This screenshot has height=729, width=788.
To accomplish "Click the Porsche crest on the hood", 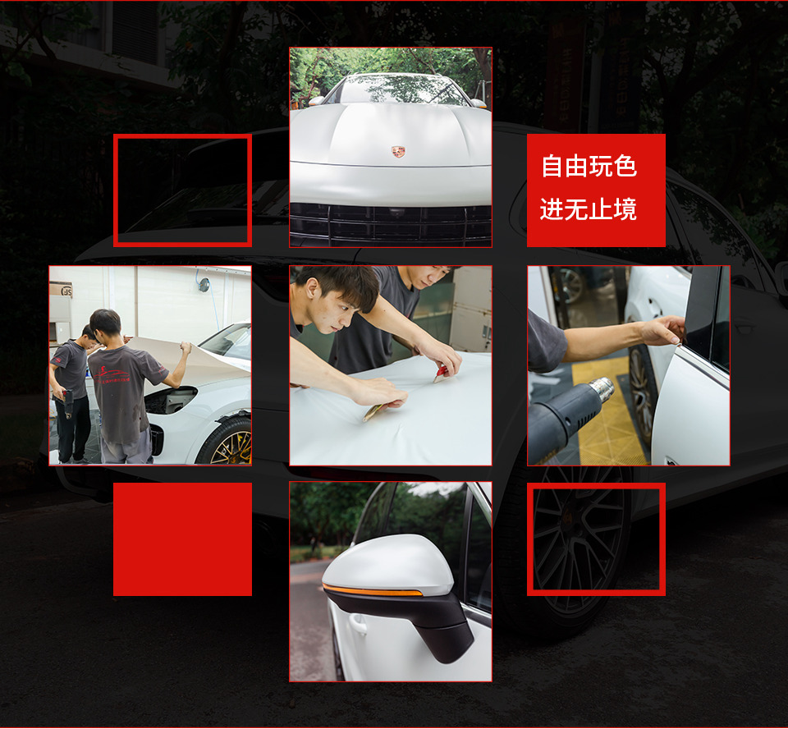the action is (398, 151).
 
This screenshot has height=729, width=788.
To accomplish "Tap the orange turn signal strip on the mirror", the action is (372, 590).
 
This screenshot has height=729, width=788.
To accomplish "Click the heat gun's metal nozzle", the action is (602, 389).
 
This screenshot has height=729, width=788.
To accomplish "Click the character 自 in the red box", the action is (552, 166).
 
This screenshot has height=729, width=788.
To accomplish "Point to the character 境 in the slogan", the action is (625, 209).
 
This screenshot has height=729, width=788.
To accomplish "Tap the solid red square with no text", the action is (182, 539).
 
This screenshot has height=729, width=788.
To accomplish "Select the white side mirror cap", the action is (389, 564).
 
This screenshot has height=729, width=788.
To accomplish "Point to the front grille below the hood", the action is (391, 225).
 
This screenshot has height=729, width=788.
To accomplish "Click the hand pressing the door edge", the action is (663, 330).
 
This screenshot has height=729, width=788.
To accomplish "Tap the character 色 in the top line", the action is (625, 166).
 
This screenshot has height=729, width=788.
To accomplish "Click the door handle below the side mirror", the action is (357, 623).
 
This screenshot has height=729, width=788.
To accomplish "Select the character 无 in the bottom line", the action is (576, 209).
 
